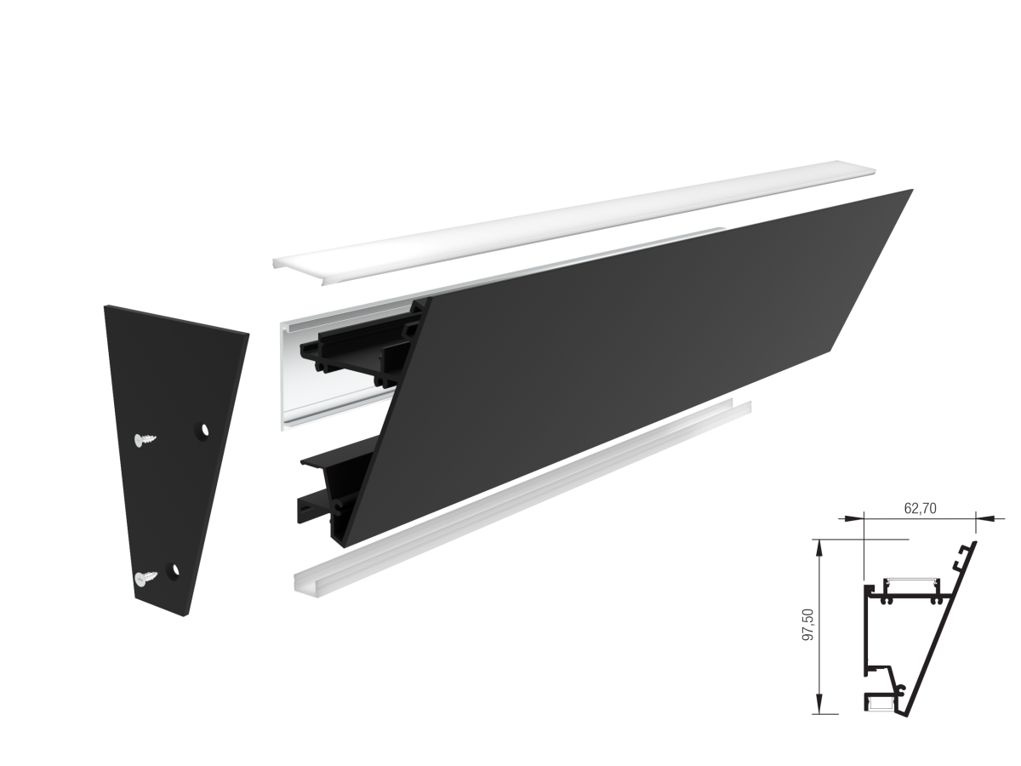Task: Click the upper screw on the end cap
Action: pos(145,439)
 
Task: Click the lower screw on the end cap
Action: pos(145,577)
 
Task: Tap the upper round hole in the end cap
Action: pos(202,430)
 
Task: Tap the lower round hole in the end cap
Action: pos(173,571)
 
